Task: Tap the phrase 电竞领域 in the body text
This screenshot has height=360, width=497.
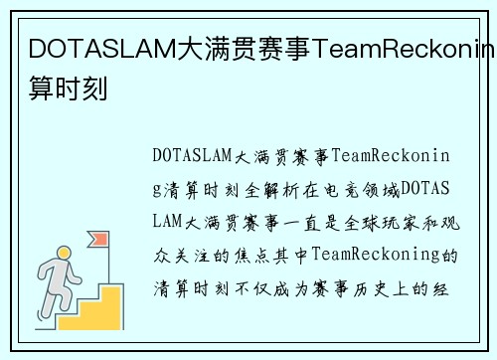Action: coord(364,188)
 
